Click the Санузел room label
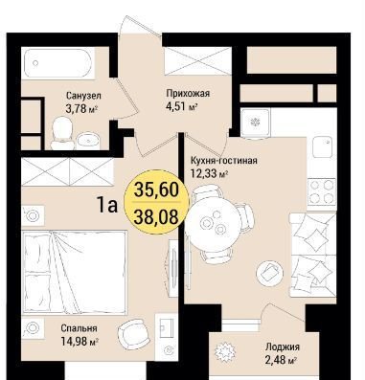tap(83, 96)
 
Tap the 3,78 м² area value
tap(81, 109)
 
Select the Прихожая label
tap(188, 94)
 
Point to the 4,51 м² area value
tap(180, 106)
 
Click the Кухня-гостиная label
tap(223, 160)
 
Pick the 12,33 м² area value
tap(209, 173)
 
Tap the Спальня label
tap(79, 328)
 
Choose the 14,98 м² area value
tap(80, 342)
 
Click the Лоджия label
tap(283, 346)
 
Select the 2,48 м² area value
tap(281, 360)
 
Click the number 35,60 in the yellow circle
tap(156, 190)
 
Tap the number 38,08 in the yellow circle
tap(156, 217)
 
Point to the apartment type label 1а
tap(107, 205)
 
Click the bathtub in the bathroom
tap(59, 63)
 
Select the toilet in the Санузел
tap(62, 133)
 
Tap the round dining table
tap(215, 224)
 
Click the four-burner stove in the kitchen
tap(321, 192)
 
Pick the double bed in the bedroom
tap(74, 273)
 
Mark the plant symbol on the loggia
tap(226, 352)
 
